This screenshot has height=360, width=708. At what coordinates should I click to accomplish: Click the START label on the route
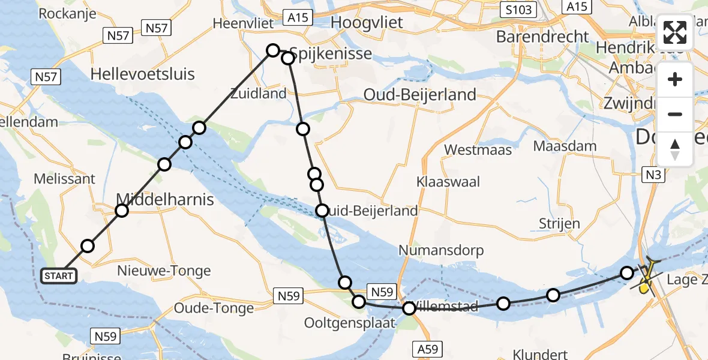[58, 276]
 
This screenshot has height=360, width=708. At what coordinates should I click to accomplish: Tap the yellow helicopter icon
[646, 278]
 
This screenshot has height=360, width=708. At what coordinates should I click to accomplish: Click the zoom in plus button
[675, 80]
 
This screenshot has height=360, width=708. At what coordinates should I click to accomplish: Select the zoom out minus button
[675, 114]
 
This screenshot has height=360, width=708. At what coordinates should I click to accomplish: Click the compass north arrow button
[675, 149]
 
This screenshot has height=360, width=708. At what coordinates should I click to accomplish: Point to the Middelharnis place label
[165, 199]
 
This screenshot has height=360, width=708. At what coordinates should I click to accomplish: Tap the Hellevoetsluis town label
[142, 74]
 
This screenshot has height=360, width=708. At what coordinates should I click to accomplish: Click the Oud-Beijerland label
[420, 94]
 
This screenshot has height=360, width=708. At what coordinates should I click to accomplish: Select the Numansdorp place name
[441, 250]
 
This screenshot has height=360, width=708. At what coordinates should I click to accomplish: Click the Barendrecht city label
[542, 37]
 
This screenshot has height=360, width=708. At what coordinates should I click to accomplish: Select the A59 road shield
[428, 348]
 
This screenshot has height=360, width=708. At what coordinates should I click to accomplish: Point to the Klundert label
[538, 353]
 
